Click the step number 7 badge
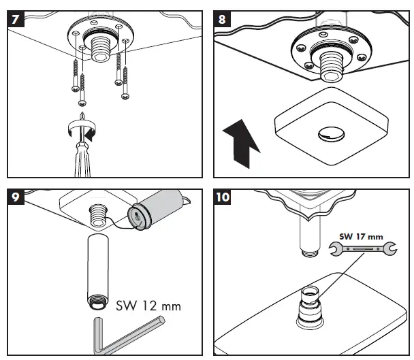coord(14,18)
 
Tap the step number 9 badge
coord(14,199)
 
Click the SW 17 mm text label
coord(361,237)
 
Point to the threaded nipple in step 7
coord(103,46)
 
